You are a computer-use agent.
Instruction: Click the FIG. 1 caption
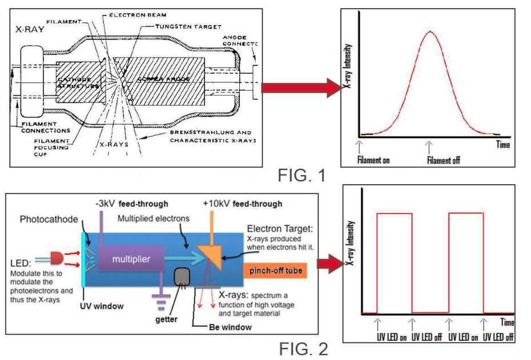click(x=301, y=175)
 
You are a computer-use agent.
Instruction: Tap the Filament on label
click(x=373, y=160)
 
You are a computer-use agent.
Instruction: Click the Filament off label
click(x=443, y=160)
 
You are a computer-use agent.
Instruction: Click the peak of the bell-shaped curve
click(x=430, y=32)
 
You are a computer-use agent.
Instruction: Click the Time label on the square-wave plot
click(x=507, y=323)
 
